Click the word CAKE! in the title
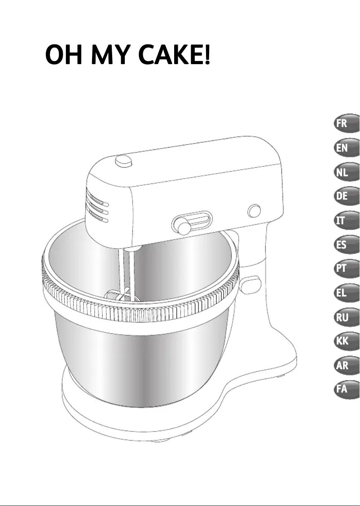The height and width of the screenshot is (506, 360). (174, 54)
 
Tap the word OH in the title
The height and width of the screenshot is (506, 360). (64, 54)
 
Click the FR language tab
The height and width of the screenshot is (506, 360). (347, 123)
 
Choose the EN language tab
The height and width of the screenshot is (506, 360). (347, 148)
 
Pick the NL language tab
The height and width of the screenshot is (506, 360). (347, 172)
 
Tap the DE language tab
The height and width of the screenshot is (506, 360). (347, 196)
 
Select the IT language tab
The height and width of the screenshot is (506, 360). (347, 220)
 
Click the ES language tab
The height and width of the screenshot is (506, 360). (347, 244)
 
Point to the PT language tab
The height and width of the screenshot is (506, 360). (347, 269)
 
